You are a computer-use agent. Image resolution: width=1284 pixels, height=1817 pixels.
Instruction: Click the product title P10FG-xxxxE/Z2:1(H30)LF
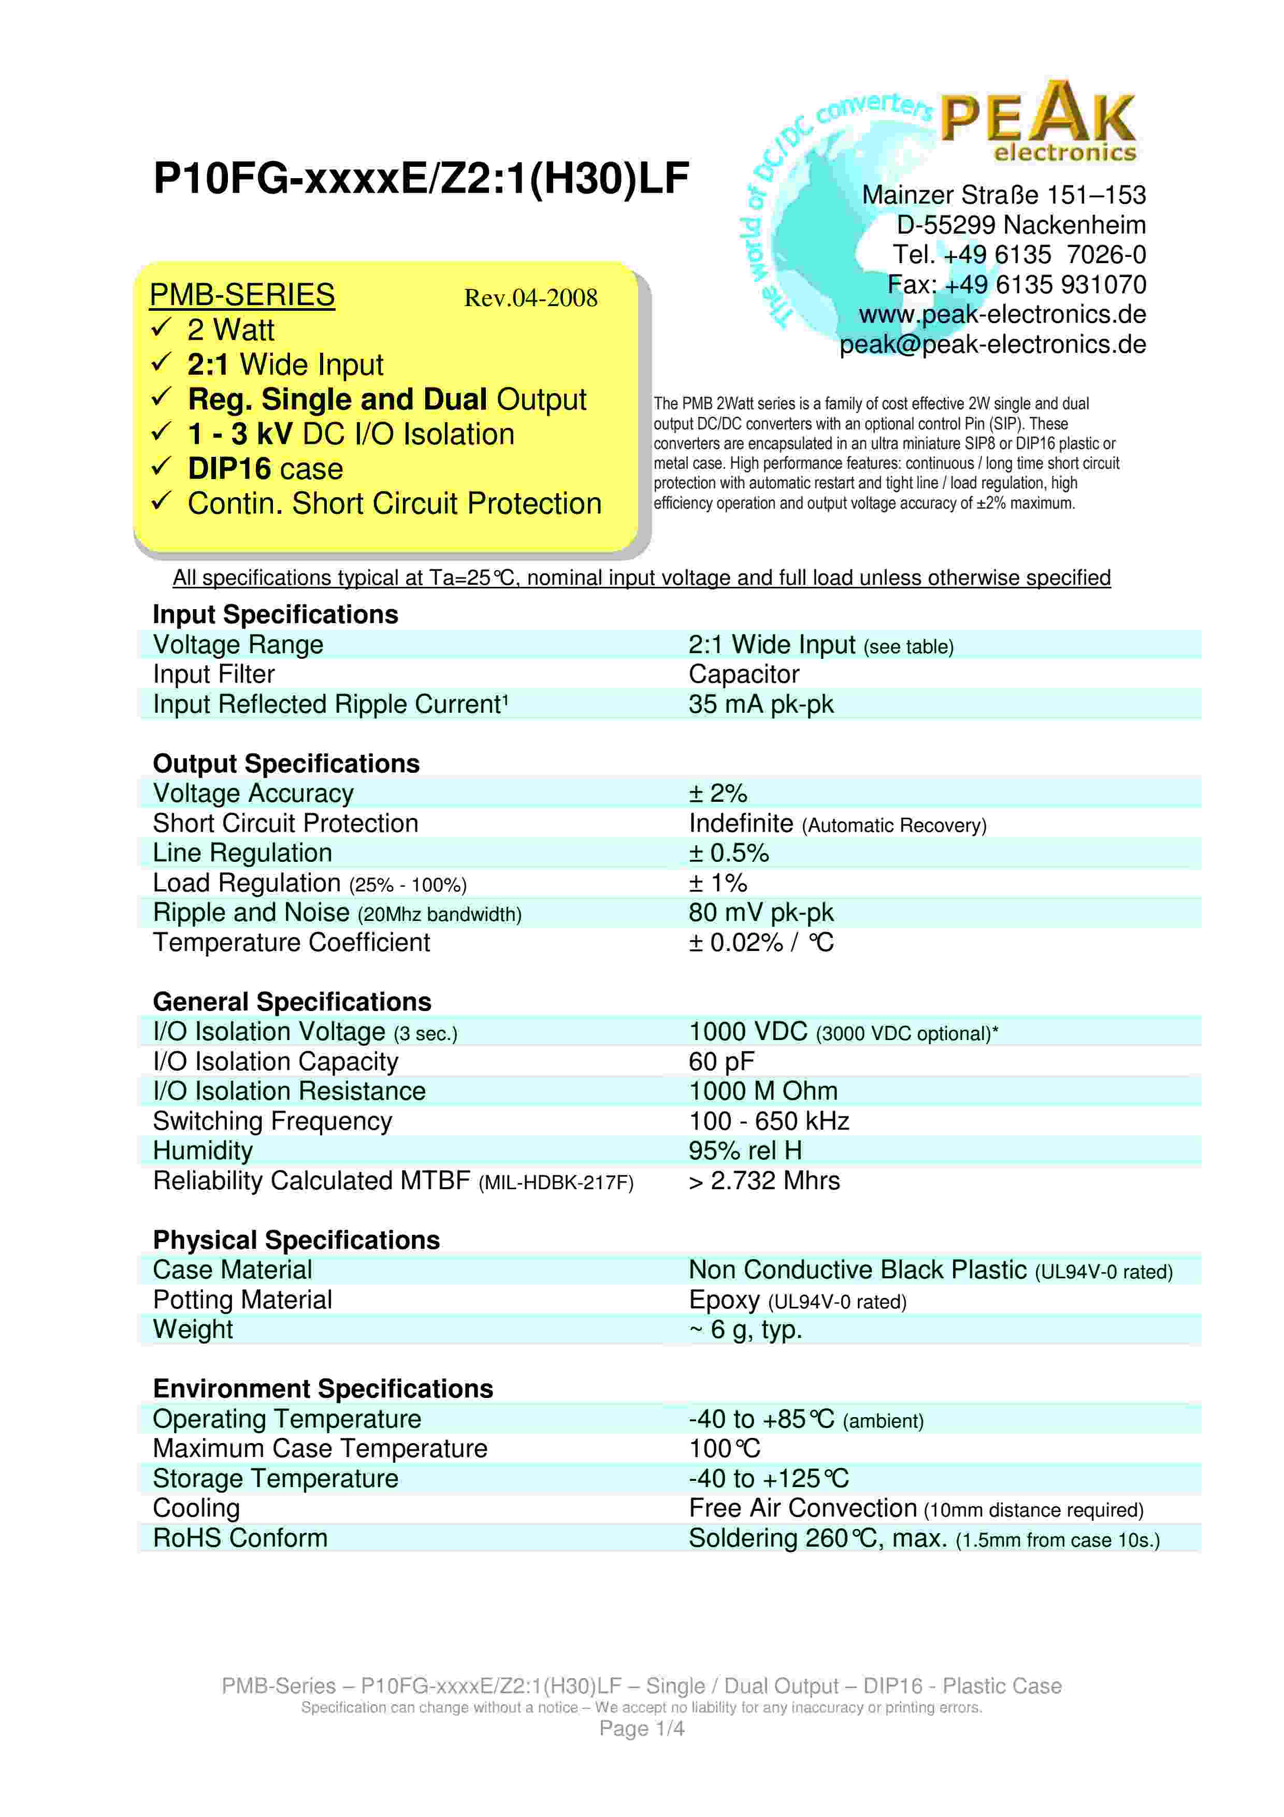click(x=421, y=178)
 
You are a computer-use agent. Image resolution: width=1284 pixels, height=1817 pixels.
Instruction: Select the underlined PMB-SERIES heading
click(x=242, y=295)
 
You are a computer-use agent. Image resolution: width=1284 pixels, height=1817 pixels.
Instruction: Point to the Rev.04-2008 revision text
click(x=530, y=298)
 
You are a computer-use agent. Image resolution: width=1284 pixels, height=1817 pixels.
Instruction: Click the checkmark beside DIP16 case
click(x=162, y=467)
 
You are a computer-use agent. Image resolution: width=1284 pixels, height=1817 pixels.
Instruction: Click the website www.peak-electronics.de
click(x=1002, y=314)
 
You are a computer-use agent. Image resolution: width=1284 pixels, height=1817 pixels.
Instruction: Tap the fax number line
click(x=1016, y=284)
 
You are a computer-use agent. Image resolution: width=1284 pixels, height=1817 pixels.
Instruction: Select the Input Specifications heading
click(x=276, y=614)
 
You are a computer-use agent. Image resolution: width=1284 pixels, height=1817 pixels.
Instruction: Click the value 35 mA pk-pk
click(x=760, y=703)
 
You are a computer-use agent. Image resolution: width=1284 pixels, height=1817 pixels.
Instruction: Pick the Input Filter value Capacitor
click(x=744, y=674)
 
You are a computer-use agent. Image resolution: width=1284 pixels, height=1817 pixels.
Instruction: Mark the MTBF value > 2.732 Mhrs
click(x=764, y=1181)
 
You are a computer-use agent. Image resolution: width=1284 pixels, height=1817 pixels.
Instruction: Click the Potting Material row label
click(x=242, y=1300)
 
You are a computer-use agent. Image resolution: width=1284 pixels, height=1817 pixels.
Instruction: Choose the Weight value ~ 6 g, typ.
click(x=745, y=1330)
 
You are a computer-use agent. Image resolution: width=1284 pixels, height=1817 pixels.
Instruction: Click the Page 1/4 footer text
click(x=642, y=1728)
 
